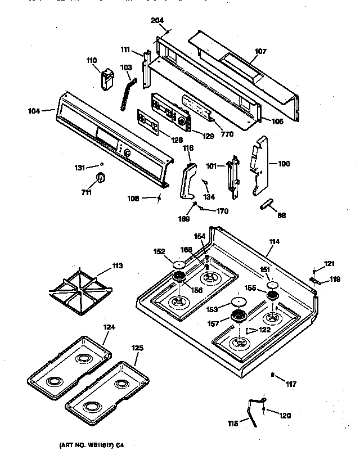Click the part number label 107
(x=260, y=51)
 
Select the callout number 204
(x=158, y=21)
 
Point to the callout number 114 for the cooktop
(x=274, y=242)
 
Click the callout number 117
(x=290, y=385)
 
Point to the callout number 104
(x=34, y=111)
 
